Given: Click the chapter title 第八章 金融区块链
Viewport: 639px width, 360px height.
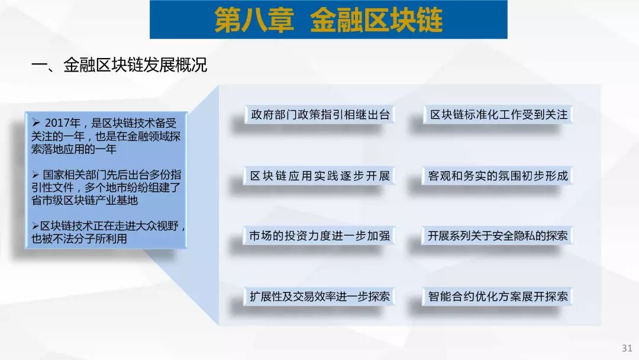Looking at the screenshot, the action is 328,20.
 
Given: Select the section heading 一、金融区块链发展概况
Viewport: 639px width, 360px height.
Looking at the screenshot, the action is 120,65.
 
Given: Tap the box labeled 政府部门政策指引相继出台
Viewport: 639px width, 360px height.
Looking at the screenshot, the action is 320,114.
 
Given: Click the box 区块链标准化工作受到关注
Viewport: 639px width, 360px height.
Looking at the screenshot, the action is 498,114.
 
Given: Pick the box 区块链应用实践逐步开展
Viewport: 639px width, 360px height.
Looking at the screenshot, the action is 320,176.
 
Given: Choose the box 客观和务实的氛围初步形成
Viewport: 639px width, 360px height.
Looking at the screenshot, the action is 498,176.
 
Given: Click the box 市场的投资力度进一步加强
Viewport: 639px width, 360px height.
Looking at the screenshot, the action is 319,236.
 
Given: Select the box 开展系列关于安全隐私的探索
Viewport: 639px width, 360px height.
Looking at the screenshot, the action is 498,236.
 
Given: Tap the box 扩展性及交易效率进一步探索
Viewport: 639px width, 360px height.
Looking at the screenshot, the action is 320,297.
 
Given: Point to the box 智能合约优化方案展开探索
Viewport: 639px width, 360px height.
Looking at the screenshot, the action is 498,297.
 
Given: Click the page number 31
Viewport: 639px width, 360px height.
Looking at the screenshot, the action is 627,348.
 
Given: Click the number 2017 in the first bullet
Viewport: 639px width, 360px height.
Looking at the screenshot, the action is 57,123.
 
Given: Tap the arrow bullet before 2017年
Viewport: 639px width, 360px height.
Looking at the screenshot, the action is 36,123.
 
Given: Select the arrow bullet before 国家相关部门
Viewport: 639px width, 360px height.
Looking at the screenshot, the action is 36,175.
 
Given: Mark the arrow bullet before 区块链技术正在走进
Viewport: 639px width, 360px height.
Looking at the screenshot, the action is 35,226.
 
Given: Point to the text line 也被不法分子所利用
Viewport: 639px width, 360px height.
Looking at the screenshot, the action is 79,239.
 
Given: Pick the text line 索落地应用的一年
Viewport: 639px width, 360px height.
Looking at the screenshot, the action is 74,149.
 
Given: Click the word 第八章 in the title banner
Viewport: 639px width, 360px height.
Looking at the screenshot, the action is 254,20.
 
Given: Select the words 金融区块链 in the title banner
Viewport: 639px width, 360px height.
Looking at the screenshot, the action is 376,20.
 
